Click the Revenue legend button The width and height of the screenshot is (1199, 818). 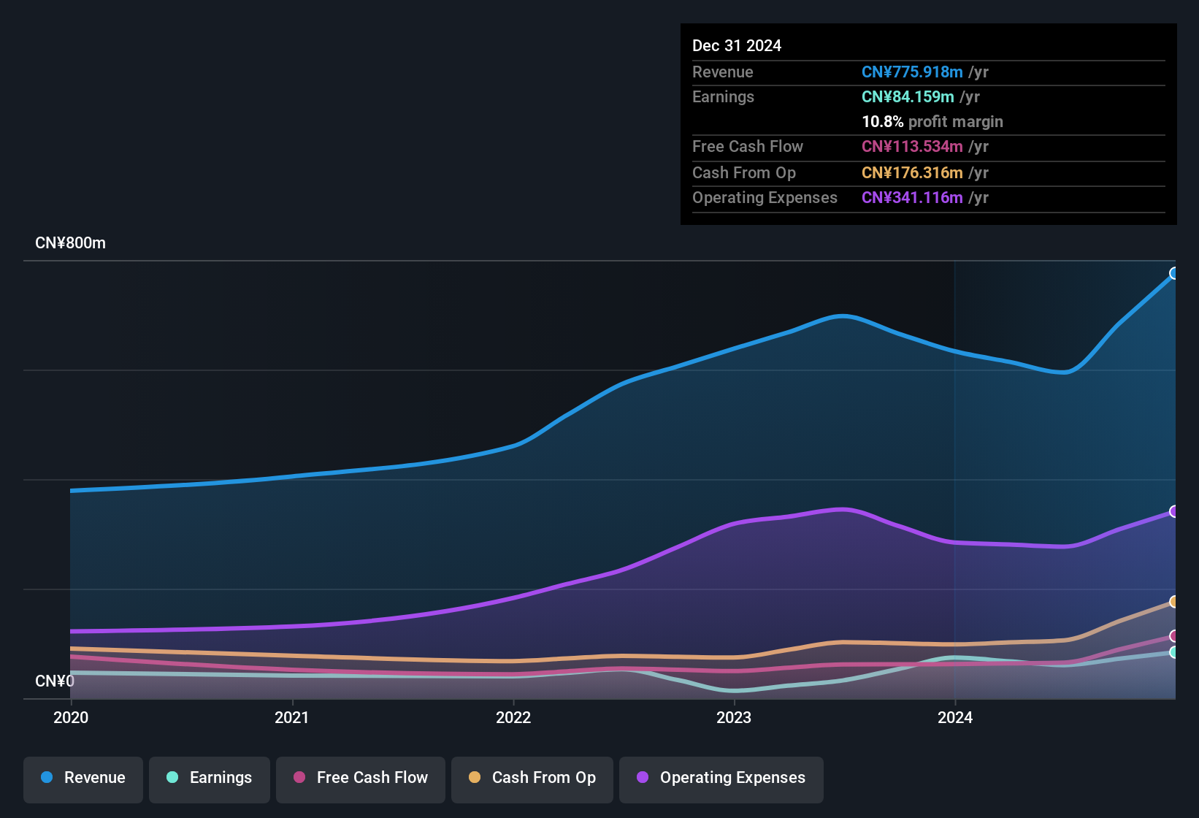[83, 778]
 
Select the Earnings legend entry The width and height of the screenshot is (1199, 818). [210, 778]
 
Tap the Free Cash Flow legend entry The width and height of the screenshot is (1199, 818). [361, 778]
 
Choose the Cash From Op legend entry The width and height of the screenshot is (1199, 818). [532, 778]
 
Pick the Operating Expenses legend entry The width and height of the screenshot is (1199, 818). [721, 778]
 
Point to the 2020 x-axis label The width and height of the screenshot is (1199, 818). [71, 717]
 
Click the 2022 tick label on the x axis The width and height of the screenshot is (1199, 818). [513, 717]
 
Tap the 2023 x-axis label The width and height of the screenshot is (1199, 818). [734, 717]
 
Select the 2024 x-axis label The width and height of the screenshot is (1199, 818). [955, 717]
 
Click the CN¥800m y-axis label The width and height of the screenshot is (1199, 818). [70, 243]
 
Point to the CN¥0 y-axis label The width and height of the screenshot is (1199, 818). [55, 681]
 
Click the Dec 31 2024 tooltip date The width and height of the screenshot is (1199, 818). [736, 46]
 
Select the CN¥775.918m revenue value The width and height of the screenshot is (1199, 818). [911, 72]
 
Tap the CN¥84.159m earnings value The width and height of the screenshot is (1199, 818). [907, 97]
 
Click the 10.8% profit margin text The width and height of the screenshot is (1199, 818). [932, 122]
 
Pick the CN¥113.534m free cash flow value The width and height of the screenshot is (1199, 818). [911, 147]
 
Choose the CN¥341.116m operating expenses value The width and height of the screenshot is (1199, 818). [911, 198]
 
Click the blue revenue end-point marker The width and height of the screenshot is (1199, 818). [1174, 274]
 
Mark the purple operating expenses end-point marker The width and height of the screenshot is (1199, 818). [1174, 512]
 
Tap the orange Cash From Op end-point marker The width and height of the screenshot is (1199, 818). [1174, 602]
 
